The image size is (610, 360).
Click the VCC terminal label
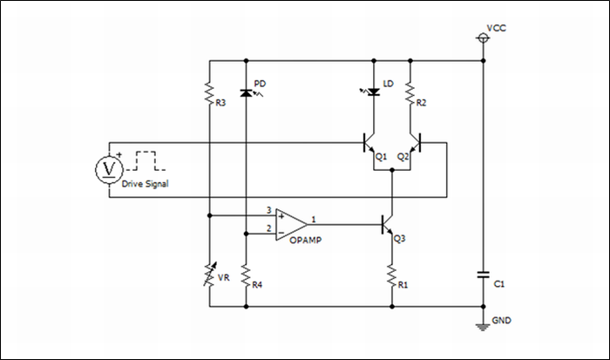pos(496,28)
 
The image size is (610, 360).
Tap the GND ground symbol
pos(483,327)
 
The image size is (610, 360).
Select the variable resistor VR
pos(209,276)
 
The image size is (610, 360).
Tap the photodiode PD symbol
pos(247,92)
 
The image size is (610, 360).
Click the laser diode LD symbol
pos(374,92)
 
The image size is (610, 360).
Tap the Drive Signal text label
pos(145,185)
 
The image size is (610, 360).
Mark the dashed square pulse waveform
pos(145,162)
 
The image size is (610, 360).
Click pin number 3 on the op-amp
pos(269,209)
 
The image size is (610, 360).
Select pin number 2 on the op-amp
pos(269,228)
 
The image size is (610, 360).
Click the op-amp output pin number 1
pos(314,218)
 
